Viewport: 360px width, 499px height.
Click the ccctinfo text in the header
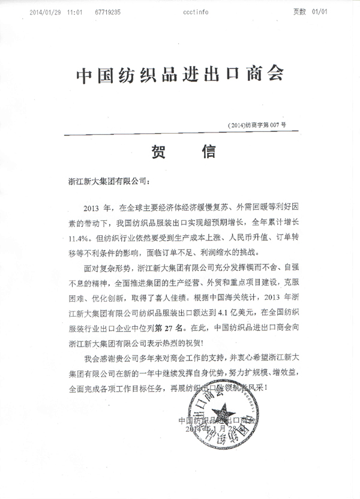[x=197, y=11]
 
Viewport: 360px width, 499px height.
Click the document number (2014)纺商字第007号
[x=257, y=125]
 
